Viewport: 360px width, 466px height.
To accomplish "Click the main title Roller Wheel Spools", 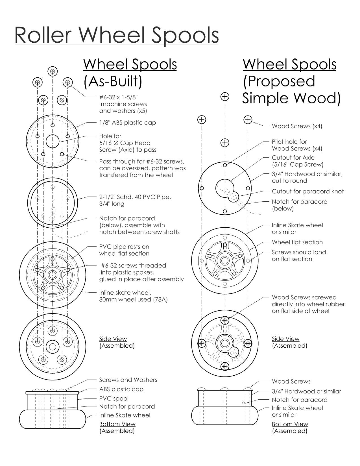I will pyautogui.click(x=117, y=35).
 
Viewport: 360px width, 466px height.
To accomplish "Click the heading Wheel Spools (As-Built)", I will pyautogui.click(x=130, y=73).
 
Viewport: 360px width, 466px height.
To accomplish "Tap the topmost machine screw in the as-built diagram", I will pyautogui.click(x=53, y=71).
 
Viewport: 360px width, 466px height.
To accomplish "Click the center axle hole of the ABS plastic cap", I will pyautogui.click(x=53, y=141).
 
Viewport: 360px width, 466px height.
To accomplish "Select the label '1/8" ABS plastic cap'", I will pyautogui.click(x=127, y=123).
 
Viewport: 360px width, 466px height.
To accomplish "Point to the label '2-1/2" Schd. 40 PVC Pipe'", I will pyautogui.click(x=135, y=197).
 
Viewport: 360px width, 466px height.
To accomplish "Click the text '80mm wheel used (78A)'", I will pyautogui.click(x=133, y=299).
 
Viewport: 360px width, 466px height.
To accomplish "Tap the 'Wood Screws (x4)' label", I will pyautogui.click(x=297, y=126).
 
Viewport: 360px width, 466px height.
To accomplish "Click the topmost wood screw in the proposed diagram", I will pyautogui.click(x=225, y=97).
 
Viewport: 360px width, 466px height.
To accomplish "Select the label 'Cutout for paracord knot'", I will pyautogui.click(x=307, y=191).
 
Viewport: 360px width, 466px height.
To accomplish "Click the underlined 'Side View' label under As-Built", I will pyautogui.click(x=113, y=339).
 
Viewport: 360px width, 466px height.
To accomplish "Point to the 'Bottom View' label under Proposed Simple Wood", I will pyautogui.click(x=290, y=424).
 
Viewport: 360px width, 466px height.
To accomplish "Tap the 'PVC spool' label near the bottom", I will pyautogui.click(x=114, y=399).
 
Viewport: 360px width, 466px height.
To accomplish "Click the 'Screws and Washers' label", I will pyautogui.click(x=128, y=380).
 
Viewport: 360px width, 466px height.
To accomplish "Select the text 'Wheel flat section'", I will pyautogui.click(x=297, y=242).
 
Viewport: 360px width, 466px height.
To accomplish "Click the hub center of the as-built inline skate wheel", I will pyautogui.click(x=53, y=274).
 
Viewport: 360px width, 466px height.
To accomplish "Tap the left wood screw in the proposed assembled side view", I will pyautogui.click(x=202, y=343).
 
